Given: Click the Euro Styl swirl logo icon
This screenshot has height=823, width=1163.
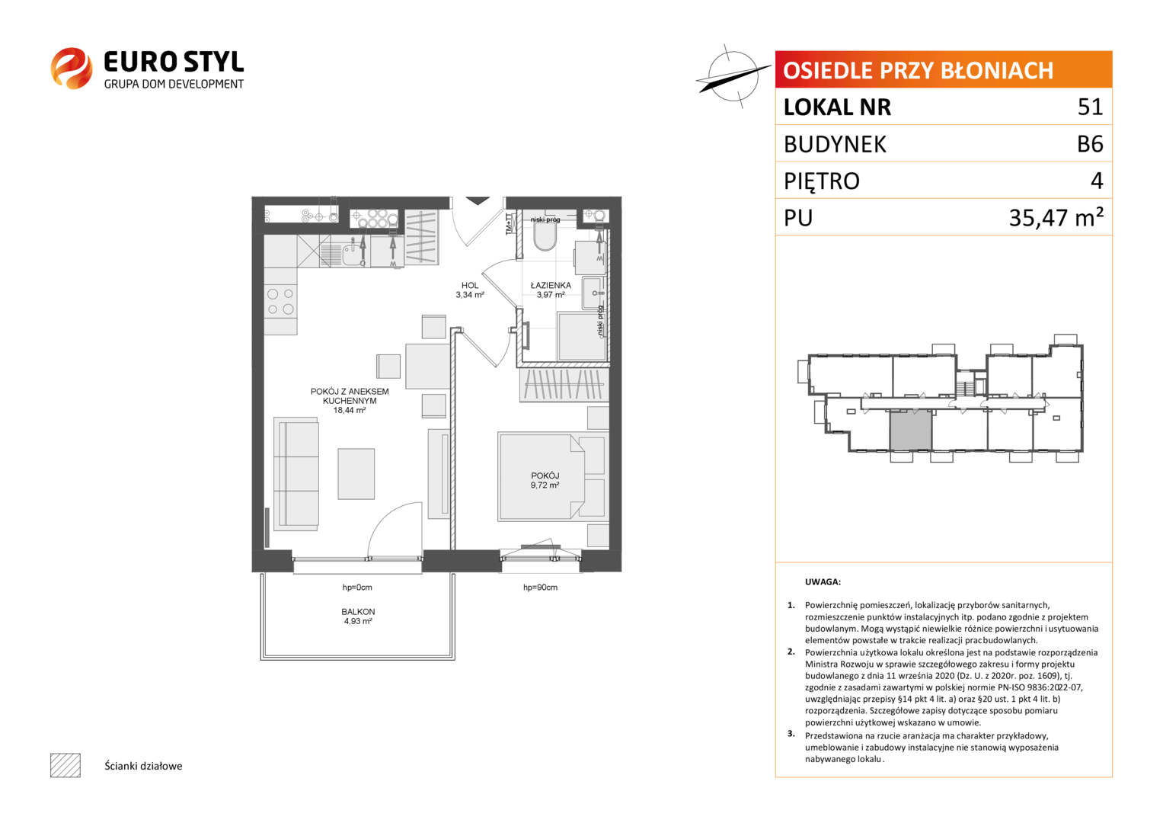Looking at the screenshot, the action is point(72,68).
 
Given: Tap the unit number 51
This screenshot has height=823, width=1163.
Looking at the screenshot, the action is point(1090,107).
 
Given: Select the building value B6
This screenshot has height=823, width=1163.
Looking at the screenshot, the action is point(1090,144).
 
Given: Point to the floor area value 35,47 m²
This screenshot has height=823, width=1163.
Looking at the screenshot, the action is point(1056,217).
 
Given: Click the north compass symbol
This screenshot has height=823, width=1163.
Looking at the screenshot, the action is point(733,76).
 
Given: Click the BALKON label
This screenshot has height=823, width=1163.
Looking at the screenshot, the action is point(358,611).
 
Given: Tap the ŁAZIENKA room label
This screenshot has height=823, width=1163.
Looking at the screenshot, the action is point(551,285).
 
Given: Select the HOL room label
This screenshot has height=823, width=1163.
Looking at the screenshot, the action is point(470,285).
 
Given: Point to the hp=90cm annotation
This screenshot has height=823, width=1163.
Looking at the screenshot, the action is point(540,587).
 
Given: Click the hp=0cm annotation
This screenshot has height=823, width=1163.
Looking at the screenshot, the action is point(357,587).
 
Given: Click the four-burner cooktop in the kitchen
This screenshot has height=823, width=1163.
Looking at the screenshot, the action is point(280,301).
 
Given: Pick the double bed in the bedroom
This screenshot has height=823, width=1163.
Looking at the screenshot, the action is point(553,476).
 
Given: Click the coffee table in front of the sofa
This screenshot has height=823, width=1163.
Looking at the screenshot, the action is point(356,474).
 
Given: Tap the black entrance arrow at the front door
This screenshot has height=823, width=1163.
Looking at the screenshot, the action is point(477,200).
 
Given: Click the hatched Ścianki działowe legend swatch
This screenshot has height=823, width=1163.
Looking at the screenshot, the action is point(65,765).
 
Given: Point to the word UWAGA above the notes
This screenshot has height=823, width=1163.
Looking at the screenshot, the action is point(823,582).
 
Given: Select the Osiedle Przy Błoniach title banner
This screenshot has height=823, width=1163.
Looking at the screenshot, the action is point(944,69).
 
